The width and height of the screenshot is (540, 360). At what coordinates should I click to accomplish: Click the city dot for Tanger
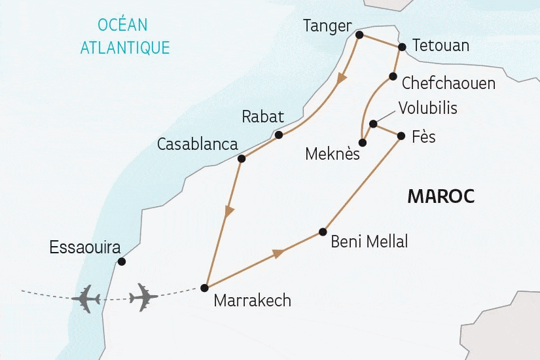pyautogui.click(x=359, y=35)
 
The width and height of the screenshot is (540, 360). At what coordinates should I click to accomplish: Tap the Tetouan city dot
pyautogui.click(x=402, y=47)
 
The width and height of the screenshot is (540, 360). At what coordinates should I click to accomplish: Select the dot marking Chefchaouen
pyautogui.click(x=393, y=77)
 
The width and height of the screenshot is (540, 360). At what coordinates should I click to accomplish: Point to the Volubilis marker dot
pyautogui.click(x=372, y=124)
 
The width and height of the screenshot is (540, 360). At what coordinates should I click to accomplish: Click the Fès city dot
pyautogui.click(x=401, y=135)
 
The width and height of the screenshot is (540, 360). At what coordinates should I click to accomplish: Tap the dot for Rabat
pyautogui.click(x=279, y=135)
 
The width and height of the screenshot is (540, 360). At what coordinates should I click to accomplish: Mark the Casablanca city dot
pyautogui.click(x=241, y=158)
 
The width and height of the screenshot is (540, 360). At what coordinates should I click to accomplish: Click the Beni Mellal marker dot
pyautogui.click(x=322, y=232)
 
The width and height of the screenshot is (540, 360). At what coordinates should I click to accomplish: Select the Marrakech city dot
pyautogui.click(x=204, y=287)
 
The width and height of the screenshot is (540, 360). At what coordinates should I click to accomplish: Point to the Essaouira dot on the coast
pyautogui.click(x=121, y=262)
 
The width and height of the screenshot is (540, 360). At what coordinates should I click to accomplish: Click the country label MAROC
pyautogui.click(x=441, y=196)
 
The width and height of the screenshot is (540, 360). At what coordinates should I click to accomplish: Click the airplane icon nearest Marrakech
pyautogui.click(x=144, y=297)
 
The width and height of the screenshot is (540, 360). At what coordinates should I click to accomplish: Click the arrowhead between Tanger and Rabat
pyautogui.click(x=340, y=80)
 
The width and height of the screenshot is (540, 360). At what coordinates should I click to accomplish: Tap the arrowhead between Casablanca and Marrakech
pyautogui.click(x=228, y=212)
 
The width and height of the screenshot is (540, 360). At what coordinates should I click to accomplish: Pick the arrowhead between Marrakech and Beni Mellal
pyautogui.click(x=278, y=253)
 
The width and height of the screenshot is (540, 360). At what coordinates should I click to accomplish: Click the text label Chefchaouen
pyautogui.click(x=448, y=83)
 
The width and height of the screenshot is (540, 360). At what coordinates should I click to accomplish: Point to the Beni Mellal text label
pyautogui.click(x=369, y=242)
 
